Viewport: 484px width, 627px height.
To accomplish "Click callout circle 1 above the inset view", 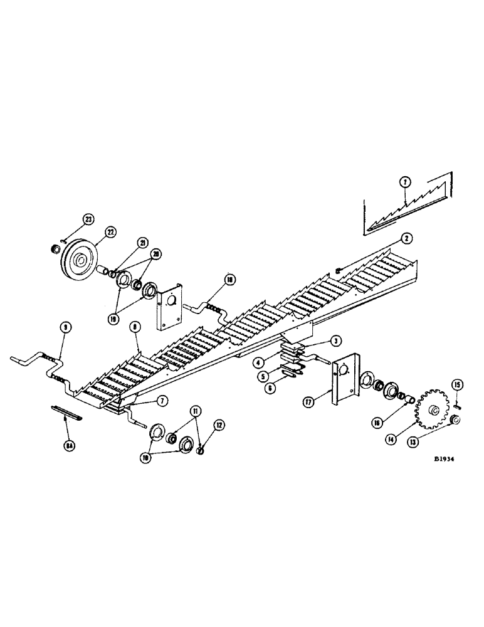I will coord(406,182).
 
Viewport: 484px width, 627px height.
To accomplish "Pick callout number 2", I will coord(407,238).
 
